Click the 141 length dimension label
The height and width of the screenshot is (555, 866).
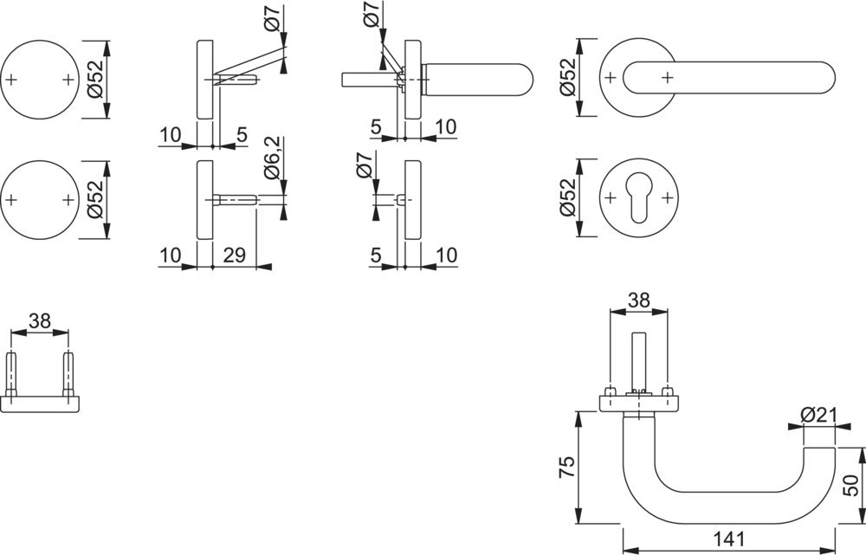[728, 539]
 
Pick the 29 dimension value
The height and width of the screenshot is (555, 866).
[235, 256]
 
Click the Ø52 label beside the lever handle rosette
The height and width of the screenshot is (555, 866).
[567, 78]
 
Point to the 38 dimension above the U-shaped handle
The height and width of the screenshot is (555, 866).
[638, 300]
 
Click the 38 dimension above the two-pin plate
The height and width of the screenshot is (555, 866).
[39, 321]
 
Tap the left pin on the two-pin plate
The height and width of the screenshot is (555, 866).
[11, 372]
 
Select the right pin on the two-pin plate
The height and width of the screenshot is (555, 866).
[68, 372]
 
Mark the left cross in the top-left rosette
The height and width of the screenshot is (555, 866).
[11, 80]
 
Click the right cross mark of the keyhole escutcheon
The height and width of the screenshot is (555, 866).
[667, 199]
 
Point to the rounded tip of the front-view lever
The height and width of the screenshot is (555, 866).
[826, 77]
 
